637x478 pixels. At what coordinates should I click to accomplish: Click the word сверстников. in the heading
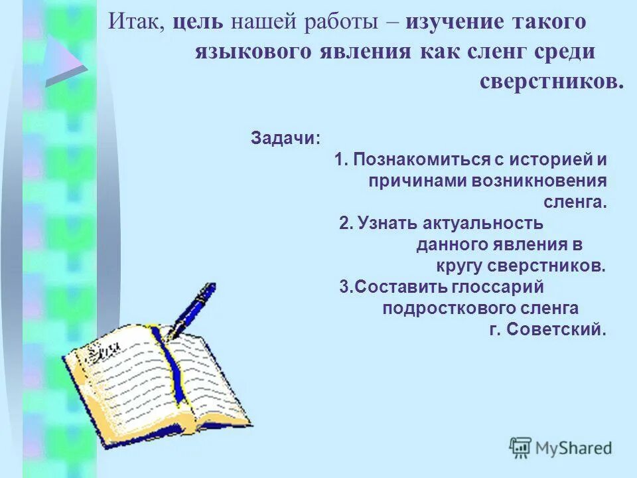point(551,81)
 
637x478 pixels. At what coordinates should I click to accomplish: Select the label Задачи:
point(285,138)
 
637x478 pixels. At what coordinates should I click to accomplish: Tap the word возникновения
point(539,181)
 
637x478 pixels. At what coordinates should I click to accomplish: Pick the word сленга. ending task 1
point(575,202)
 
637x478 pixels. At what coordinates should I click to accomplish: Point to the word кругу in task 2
point(460,266)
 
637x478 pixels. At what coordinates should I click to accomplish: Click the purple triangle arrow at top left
point(64,62)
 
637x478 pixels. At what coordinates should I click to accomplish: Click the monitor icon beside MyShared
point(521,448)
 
